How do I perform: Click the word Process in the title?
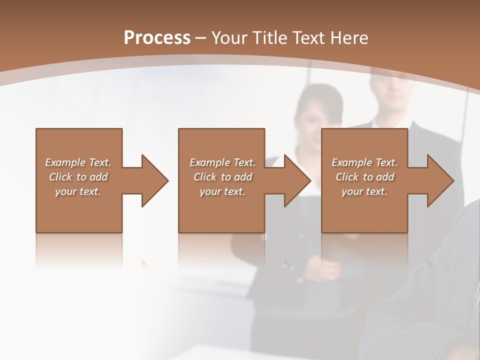(x=157, y=38)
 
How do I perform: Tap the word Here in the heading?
(x=349, y=38)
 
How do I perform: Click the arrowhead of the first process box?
(x=154, y=180)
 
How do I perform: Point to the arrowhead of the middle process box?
(x=297, y=180)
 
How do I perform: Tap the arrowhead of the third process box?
(x=440, y=180)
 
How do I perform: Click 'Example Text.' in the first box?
(x=78, y=162)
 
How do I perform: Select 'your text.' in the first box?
(x=78, y=191)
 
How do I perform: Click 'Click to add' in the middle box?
(x=222, y=177)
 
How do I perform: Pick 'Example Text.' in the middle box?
(x=222, y=162)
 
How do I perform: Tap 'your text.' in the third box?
(x=364, y=191)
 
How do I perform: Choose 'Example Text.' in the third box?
(x=364, y=162)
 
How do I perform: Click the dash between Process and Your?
(x=201, y=38)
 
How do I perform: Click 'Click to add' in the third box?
(x=364, y=177)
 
